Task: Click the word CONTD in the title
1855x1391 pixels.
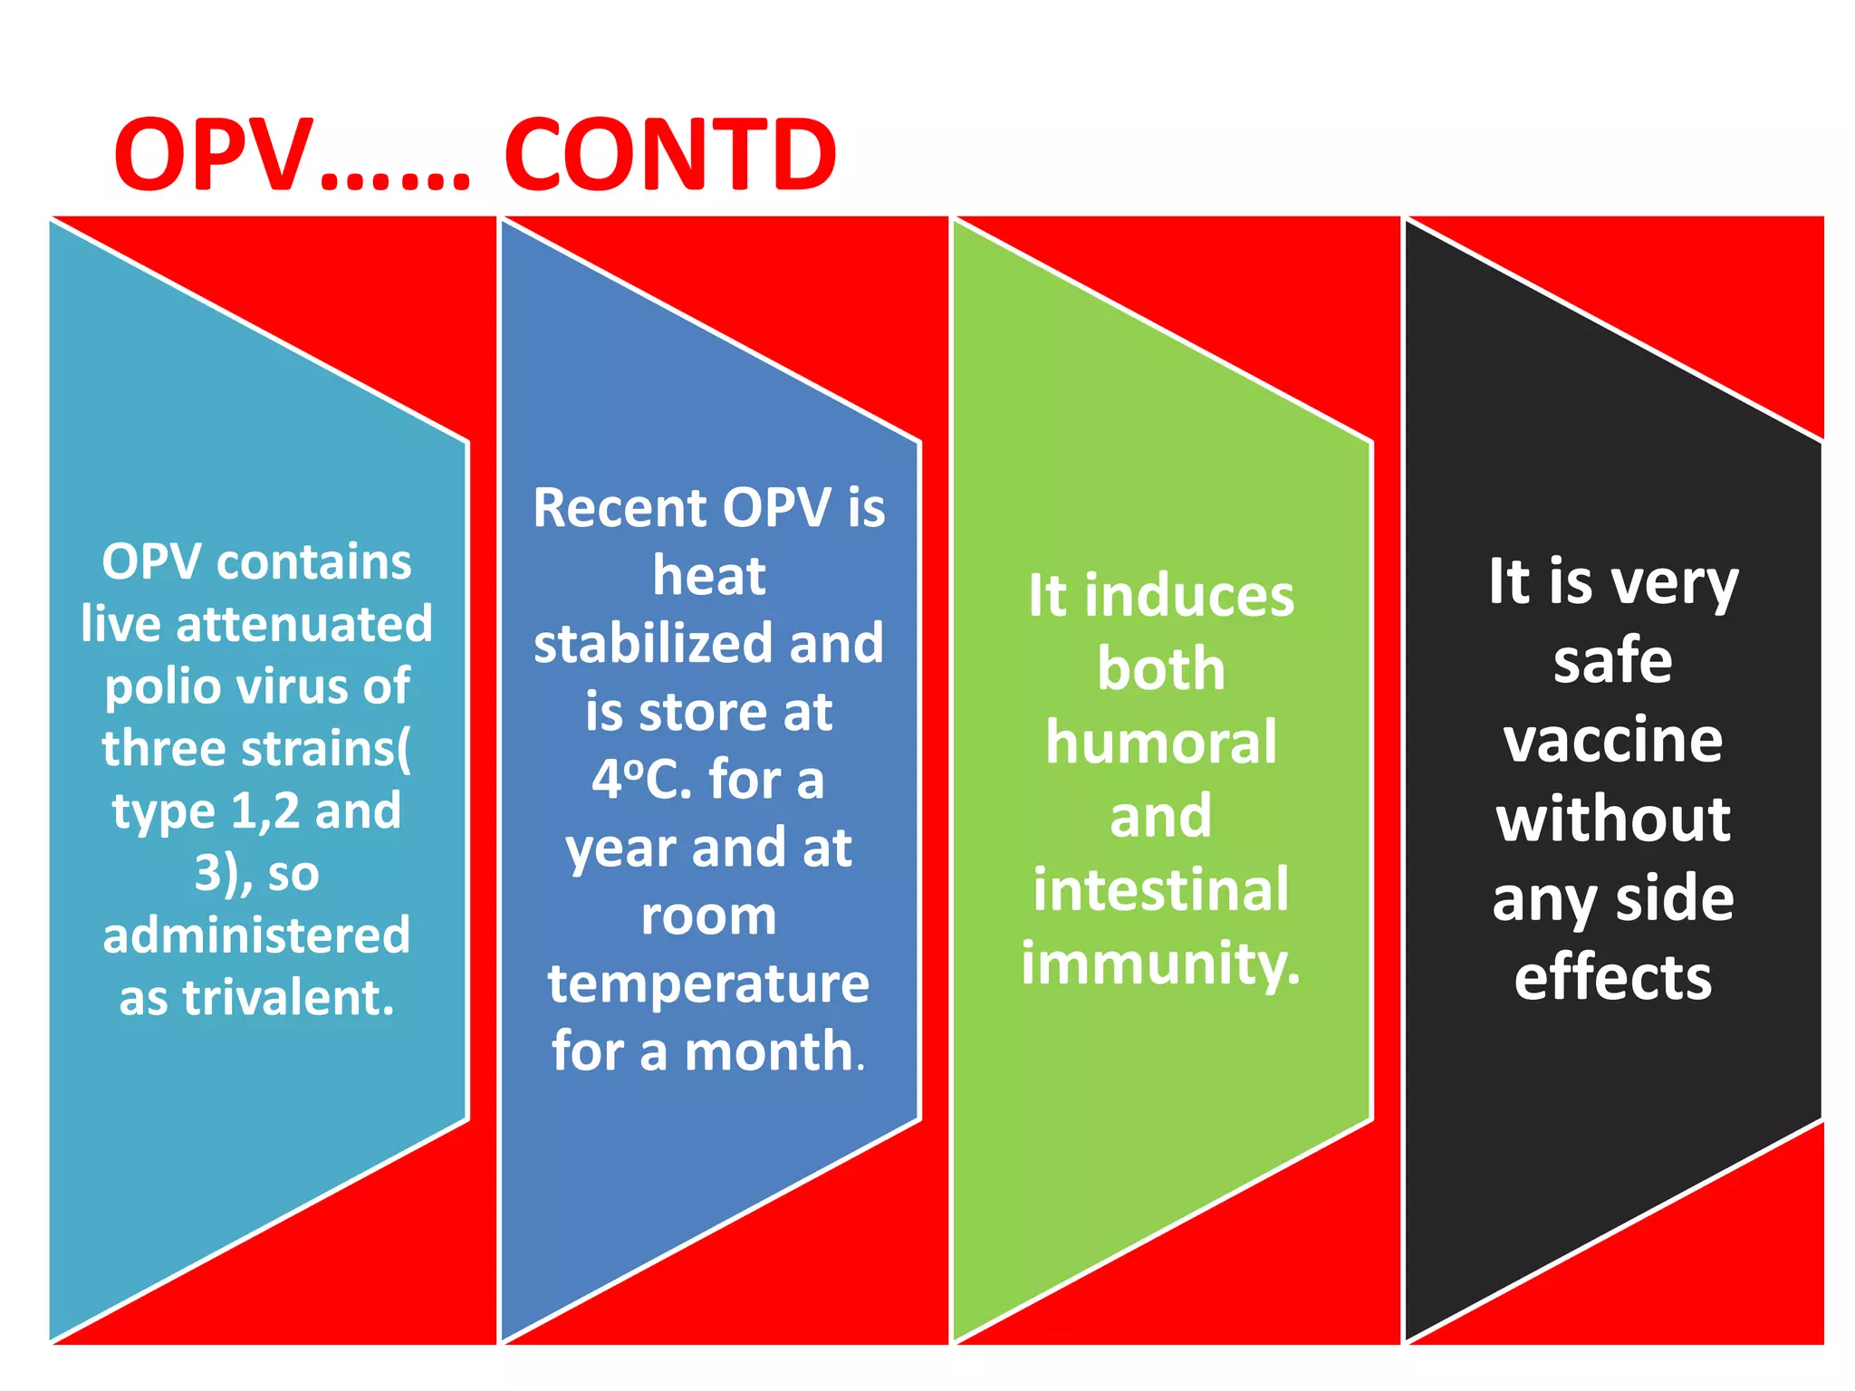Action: (x=670, y=156)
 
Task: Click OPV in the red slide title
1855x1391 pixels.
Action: (x=214, y=156)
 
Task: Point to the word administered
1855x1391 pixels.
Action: (x=256, y=935)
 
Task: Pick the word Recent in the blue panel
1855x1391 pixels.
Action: (x=619, y=508)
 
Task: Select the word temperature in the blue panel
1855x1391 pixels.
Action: (x=708, y=984)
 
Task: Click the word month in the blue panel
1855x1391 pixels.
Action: (x=769, y=1052)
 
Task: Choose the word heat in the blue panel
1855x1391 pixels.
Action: (x=708, y=576)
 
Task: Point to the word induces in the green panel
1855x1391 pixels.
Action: (x=1189, y=597)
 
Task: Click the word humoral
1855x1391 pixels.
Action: (x=1161, y=743)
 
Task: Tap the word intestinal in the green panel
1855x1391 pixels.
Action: (x=1161, y=890)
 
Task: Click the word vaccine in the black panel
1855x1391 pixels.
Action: (x=1613, y=741)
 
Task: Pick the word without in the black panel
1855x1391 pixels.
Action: (x=1613, y=820)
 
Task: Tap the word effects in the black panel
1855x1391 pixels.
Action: (x=1613, y=978)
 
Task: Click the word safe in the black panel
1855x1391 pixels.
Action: (x=1613, y=661)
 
